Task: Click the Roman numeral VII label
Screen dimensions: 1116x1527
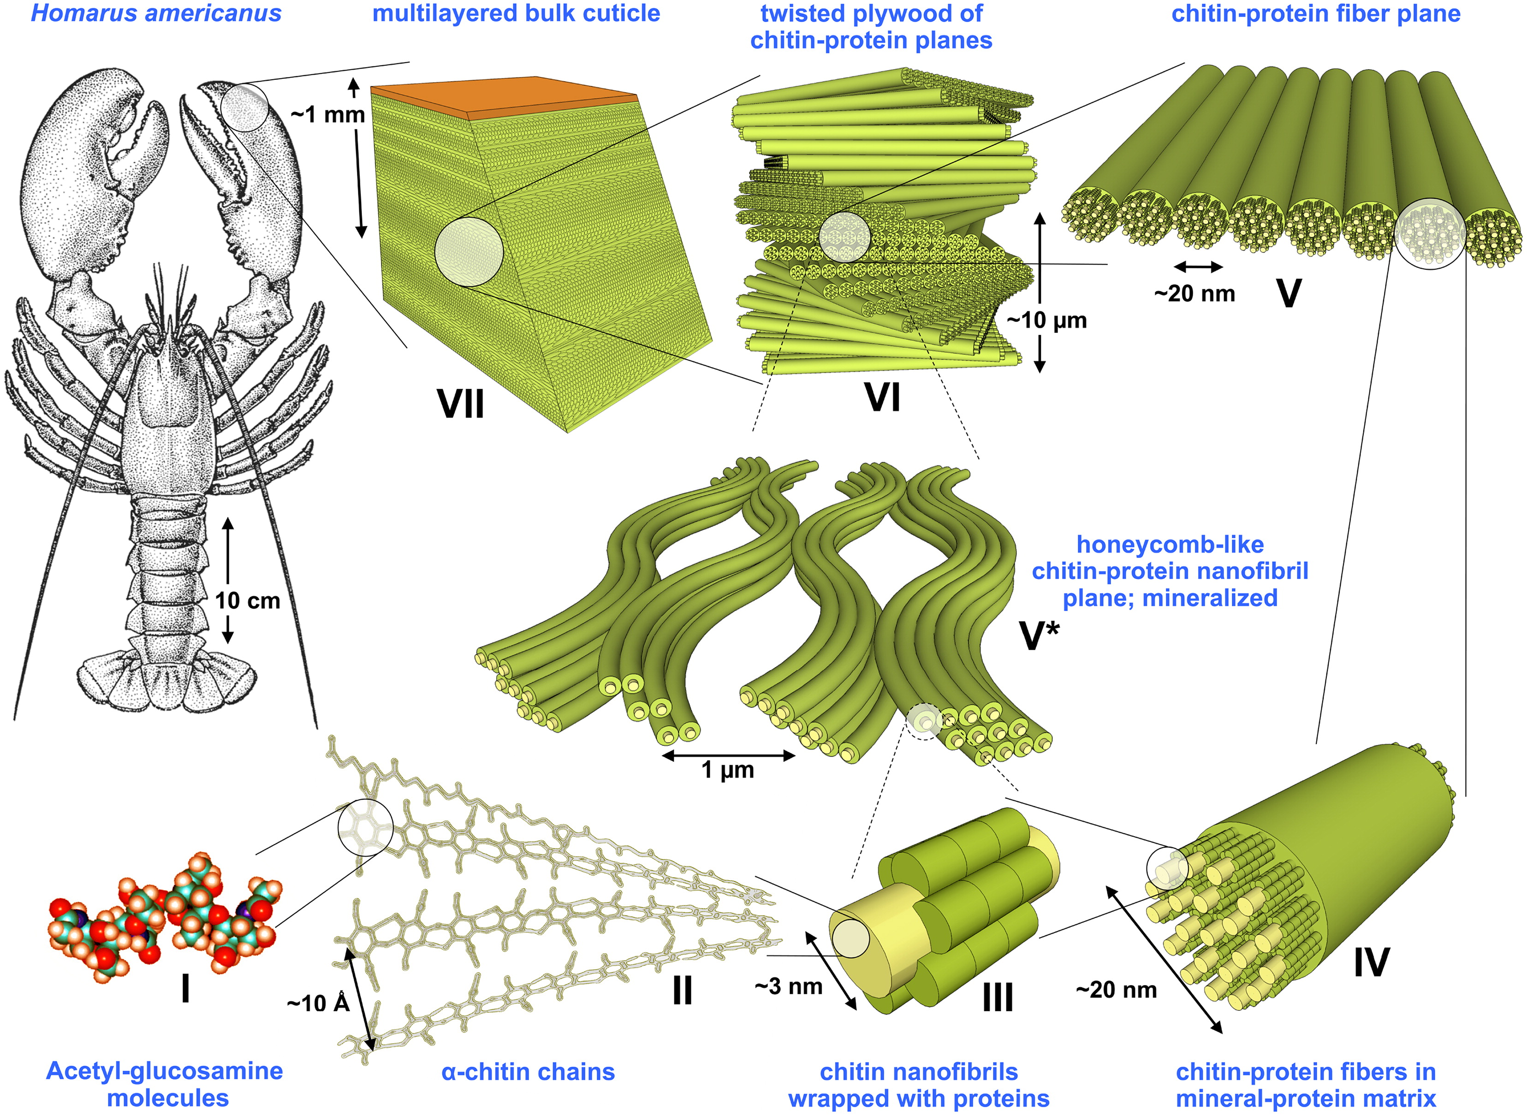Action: click(461, 404)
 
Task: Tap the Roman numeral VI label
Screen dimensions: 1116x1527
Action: click(882, 397)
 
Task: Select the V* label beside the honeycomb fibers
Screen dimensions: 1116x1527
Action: click(1039, 635)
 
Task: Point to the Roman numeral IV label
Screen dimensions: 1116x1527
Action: click(1372, 962)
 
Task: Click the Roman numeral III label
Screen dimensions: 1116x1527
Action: click(997, 997)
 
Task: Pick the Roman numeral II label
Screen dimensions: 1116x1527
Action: click(683, 991)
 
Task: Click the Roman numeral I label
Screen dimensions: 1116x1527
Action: click(185, 989)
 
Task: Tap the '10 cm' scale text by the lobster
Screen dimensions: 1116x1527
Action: click(247, 600)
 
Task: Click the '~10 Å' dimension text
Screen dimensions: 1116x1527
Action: click(318, 1003)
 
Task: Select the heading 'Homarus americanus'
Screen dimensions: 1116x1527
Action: click(156, 13)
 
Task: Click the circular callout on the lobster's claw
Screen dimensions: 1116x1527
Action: click(244, 106)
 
